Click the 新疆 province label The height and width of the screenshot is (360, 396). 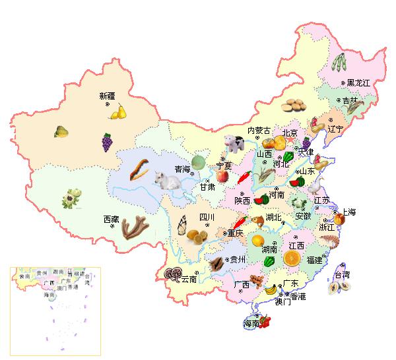coord(107,96)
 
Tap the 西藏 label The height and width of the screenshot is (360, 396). coord(111,219)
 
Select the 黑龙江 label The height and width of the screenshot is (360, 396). coord(359,82)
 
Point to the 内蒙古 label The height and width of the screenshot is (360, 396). coord(259,131)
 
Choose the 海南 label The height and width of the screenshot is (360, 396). coord(251,324)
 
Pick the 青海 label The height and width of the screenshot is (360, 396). coord(182,170)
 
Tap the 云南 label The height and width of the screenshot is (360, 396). coord(189,279)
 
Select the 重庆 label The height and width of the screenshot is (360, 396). coord(236,233)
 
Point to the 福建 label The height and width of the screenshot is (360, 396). coord(313,260)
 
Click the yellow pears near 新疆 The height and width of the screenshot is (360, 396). coord(118,112)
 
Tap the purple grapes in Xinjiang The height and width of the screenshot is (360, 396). coord(106,141)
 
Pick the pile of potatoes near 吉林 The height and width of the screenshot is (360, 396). coord(293,105)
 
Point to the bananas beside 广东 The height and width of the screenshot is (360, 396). coord(271,289)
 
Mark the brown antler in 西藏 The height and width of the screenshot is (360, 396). coord(135,227)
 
